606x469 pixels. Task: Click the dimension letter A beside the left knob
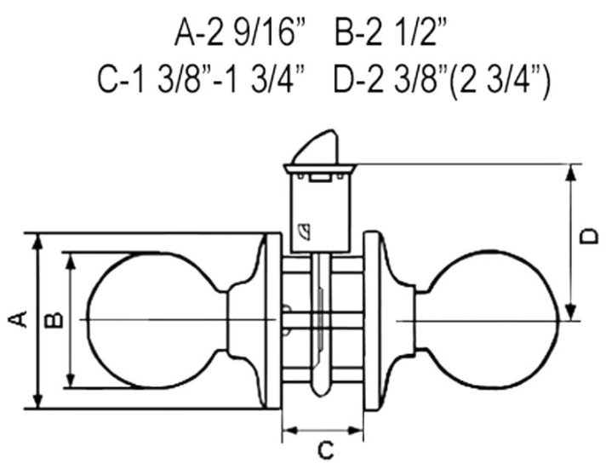tap(18, 319)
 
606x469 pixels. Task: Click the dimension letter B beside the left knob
tap(54, 320)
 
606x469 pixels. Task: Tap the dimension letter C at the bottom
tap(325, 450)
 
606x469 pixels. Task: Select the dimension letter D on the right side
tap(589, 237)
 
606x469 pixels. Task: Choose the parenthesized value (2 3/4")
tap(500, 82)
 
